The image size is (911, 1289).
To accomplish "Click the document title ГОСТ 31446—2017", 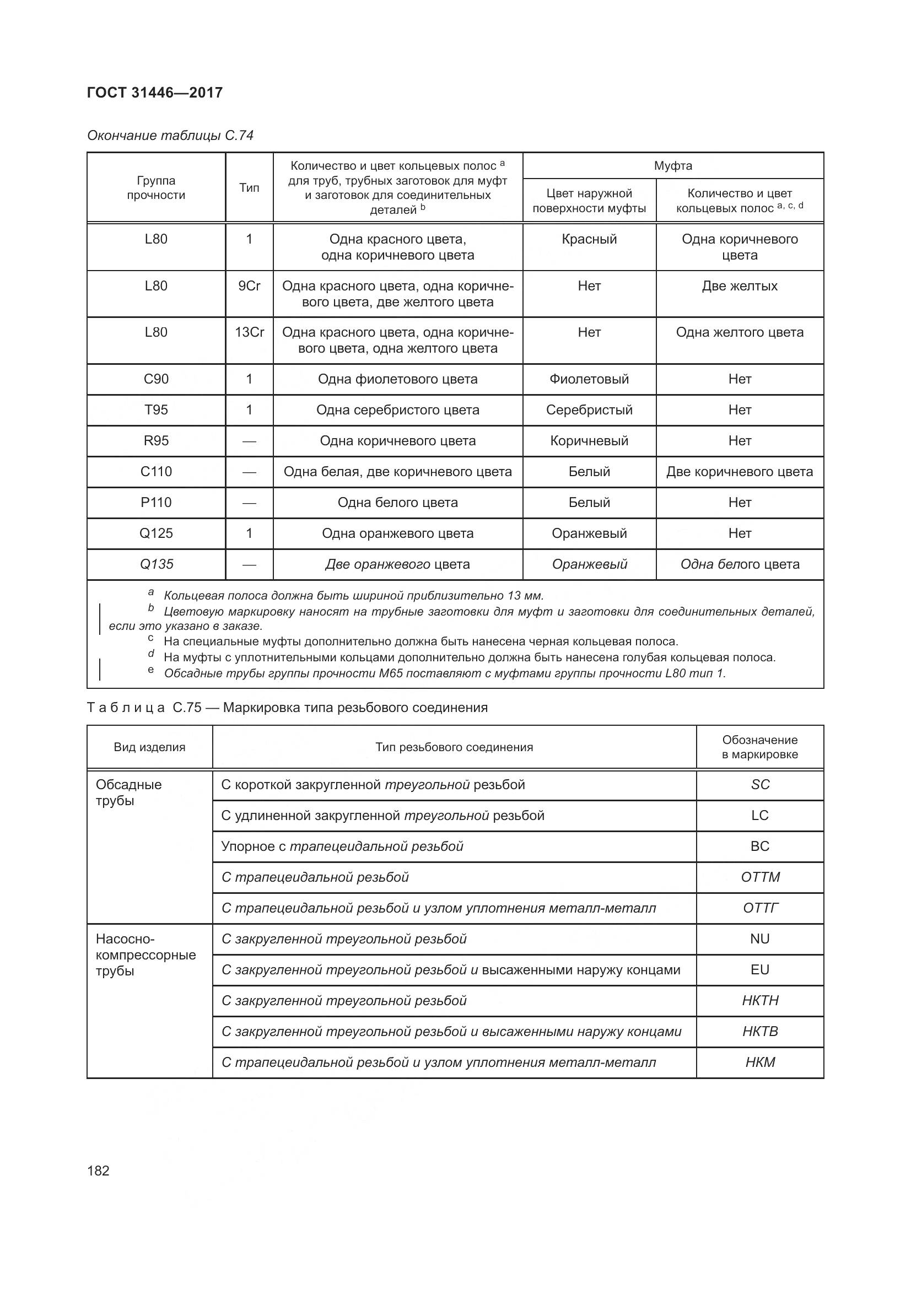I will coord(155,93).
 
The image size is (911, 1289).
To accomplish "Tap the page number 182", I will coord(98,1171).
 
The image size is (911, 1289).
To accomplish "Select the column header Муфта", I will coord(672,166).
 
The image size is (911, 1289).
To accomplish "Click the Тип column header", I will coord(249,187).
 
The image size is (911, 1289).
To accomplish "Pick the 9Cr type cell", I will coord(249,286).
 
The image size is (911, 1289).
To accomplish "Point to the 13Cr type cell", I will coord(249,332).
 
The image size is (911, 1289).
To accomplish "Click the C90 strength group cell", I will coord(156,379).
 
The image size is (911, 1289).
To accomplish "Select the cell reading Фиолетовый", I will coord(589,379).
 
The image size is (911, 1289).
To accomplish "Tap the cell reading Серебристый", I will coord(589,410).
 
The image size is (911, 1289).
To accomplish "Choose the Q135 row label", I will coord(156,564).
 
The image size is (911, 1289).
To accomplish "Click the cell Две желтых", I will coord(739,286).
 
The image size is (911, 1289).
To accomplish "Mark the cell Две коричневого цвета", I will coord(739,472).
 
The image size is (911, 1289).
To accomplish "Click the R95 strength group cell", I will coord(156,441).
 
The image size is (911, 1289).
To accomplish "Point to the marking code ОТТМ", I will coord(760,877).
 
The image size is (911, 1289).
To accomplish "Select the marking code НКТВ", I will coord(760,1031).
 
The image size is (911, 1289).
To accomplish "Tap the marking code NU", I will coord(760,939).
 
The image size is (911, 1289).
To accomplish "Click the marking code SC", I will coord(760,784).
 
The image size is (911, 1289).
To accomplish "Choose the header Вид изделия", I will coord(149,747).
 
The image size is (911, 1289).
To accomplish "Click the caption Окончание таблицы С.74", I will coord(170,136).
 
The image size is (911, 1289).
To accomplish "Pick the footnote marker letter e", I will coord(150,670).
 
